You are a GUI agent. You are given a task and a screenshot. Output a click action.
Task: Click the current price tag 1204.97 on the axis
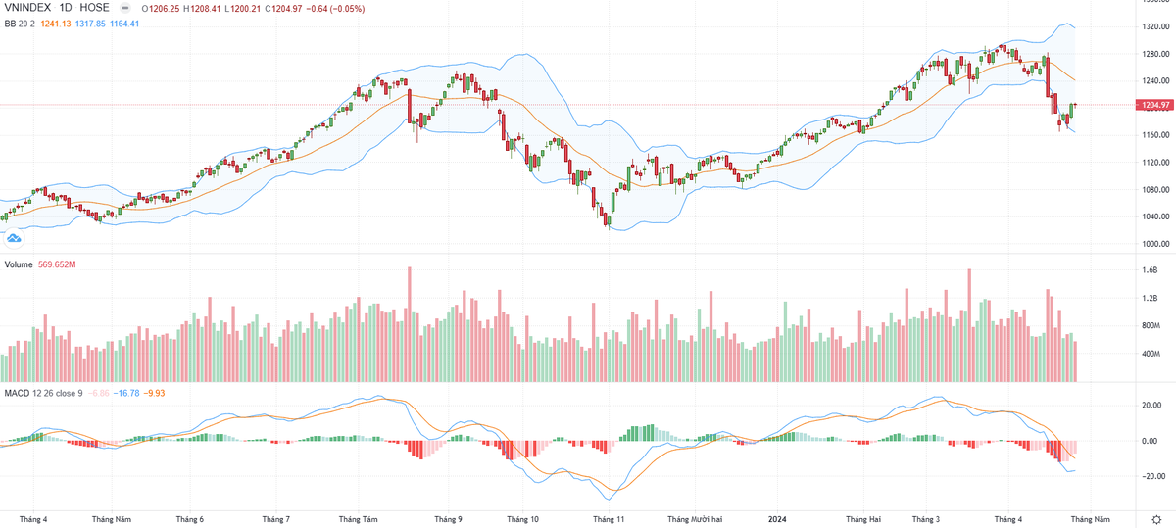coord(1156,104)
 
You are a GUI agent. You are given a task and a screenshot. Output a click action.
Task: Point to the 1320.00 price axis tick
coord(1157,26)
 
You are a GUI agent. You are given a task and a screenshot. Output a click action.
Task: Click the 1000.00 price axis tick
coord(1157,244)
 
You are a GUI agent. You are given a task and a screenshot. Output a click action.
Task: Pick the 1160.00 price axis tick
coord(1157,135)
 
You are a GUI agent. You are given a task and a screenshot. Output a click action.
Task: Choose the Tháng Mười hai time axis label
coord(695,518)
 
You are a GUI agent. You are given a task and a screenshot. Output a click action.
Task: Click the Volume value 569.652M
coord(59,264)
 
